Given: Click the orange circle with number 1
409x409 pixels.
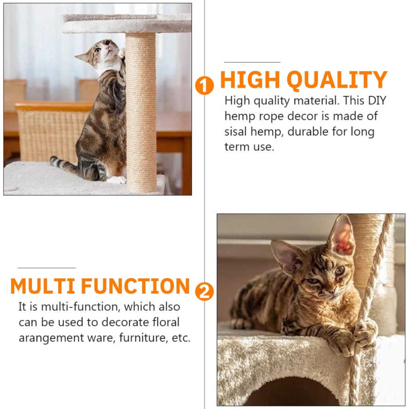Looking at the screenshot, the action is tap(204, 85).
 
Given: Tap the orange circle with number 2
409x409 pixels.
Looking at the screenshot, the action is tap(204, 291).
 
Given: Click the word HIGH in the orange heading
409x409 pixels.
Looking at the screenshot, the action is tap(250, 79).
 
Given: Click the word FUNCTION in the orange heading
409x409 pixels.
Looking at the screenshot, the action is tap(135, 286).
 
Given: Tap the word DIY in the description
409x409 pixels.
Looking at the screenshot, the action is tap(377, 100).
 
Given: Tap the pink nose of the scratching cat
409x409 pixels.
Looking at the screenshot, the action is tap(107, 48).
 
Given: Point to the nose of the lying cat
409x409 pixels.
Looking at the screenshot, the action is tap(332, 290).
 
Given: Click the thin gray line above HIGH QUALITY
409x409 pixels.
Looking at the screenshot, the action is tap(252, 62).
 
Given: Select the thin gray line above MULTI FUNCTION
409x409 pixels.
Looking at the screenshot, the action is tap(47, 268).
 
